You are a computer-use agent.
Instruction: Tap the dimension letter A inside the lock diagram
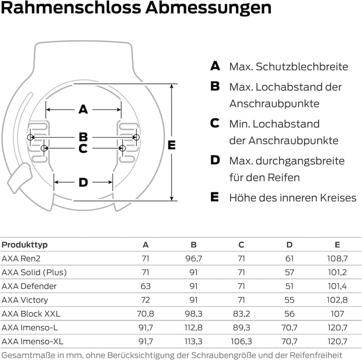[x=83, y=109]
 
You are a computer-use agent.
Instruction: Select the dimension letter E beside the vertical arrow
[x=171, y=145]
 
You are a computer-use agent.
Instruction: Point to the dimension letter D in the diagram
[x=83, y=182]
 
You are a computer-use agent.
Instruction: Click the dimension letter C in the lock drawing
[x=83, y=149]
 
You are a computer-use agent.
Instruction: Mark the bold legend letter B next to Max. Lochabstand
[x=215, y=86]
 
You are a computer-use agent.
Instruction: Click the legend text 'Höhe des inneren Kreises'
[x=293, y=198]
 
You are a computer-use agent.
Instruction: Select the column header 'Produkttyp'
[x=25, y=245]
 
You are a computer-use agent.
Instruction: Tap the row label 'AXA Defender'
[x=29, y=286]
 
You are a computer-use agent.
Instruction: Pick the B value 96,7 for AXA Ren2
[x=194, y=259]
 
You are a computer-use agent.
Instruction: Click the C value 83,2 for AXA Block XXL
[x=241, y=314]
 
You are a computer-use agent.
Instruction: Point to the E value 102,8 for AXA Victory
[x=337, y=300]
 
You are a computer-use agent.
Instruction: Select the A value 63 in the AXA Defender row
[x=146, y=286]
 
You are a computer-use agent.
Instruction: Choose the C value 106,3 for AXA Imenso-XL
[x=241, y=341]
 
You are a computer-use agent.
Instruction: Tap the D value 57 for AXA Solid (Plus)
[x=289, y=272]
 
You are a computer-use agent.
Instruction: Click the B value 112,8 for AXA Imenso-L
[x=194, y=327]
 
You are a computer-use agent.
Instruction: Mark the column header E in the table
[x=337, y=245]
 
